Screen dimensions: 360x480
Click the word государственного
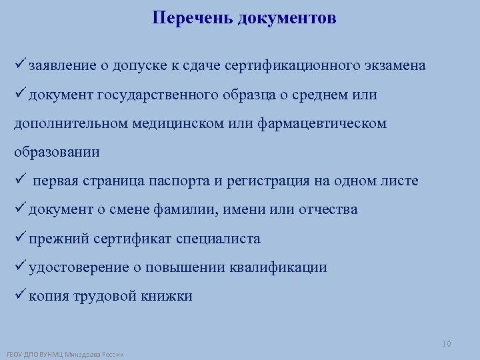[x=157, y=95]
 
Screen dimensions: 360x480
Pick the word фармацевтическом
[x=323, y=123]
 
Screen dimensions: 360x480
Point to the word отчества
[x=327, y=209]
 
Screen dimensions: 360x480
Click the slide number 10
[x=446, y=343]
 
